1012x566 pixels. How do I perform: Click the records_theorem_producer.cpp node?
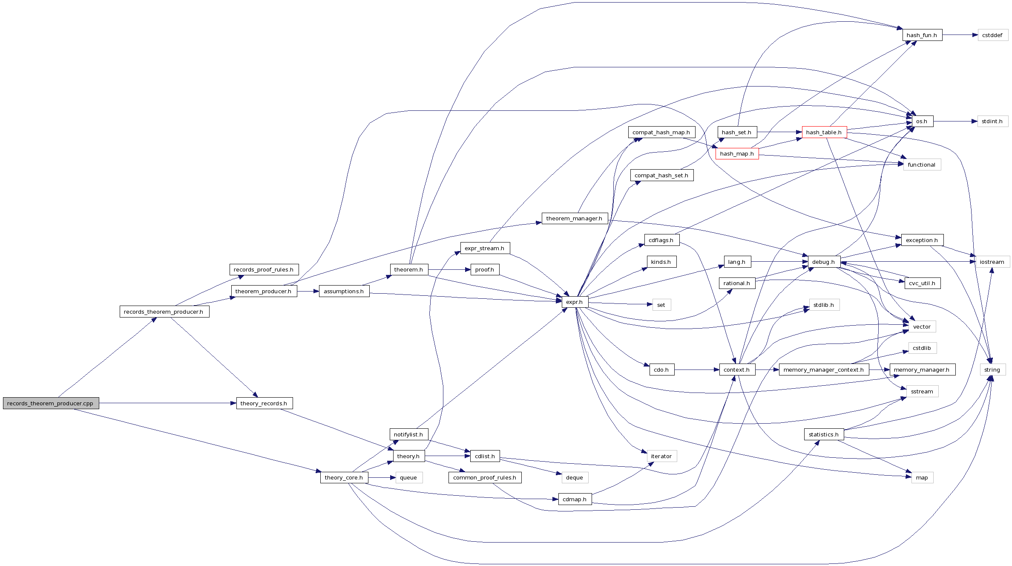51,403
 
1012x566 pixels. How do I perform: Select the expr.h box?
575,302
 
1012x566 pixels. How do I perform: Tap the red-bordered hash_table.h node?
824,132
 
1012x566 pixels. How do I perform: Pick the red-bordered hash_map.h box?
737,154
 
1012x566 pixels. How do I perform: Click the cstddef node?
992,35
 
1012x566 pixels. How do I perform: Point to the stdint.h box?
992,121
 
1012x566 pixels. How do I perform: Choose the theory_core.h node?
344,478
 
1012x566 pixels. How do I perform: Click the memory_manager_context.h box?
824,370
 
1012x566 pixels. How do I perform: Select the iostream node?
992,262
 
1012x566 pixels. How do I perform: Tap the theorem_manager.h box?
575,219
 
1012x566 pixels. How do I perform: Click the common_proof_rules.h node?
485,478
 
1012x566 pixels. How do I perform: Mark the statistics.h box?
824,435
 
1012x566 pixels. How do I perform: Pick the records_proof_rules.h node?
264,270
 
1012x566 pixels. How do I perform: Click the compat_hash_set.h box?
661,176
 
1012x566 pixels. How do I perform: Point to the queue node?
408,478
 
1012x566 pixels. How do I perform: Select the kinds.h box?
661,262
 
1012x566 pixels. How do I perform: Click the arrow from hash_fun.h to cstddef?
960,35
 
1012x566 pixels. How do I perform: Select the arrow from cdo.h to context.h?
697,370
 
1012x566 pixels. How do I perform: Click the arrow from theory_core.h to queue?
382,478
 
